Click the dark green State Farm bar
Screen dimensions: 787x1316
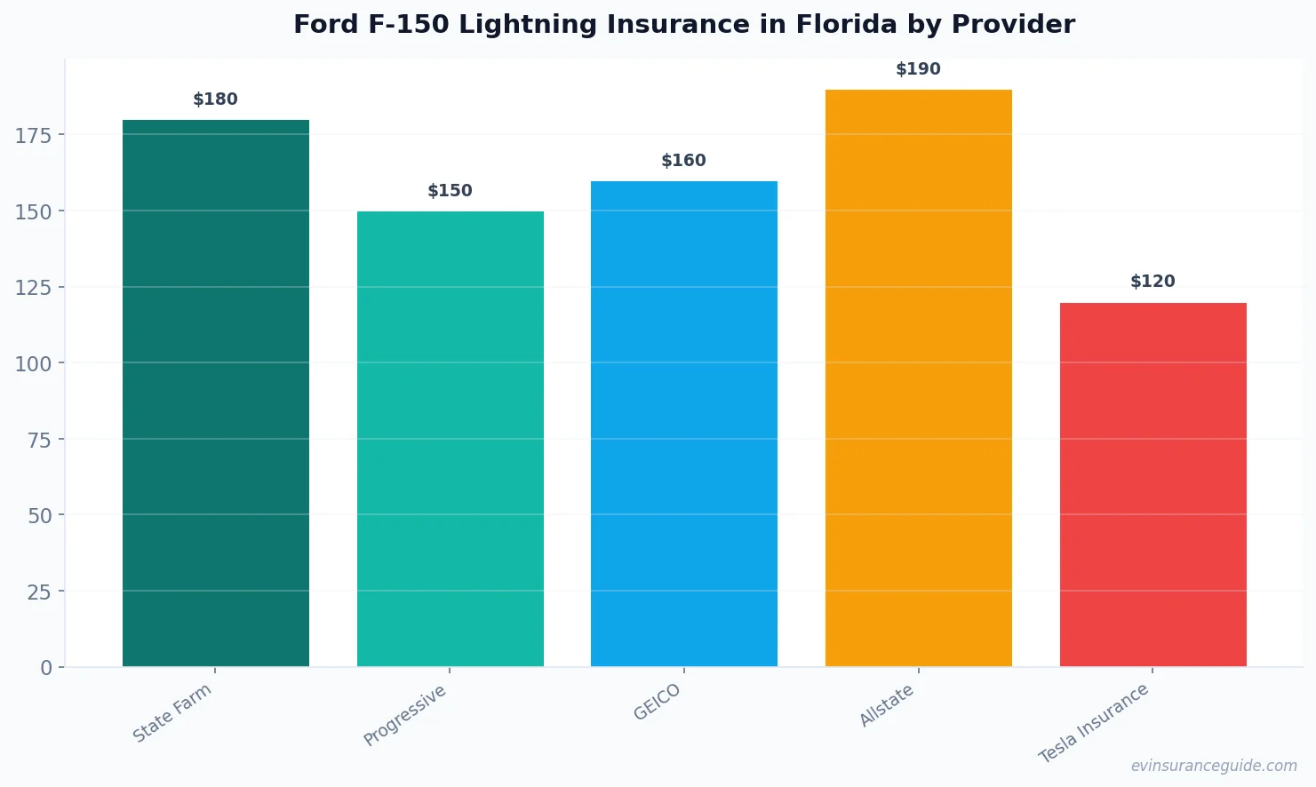point(216,393)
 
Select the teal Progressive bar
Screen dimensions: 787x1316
point(450,439)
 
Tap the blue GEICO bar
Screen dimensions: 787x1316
point(683,424)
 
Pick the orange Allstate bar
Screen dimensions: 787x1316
point(918,378)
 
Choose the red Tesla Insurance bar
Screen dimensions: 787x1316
point(1152,484)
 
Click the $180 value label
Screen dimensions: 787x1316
point(216,99)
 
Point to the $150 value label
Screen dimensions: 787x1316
point(450,191)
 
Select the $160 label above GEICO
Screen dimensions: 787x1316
point(683,161)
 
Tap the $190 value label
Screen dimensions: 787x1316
point(918,69)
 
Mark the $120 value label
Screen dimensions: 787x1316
point(1152,282)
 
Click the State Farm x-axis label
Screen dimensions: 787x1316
point(172,712)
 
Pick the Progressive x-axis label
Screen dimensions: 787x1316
point(405,715)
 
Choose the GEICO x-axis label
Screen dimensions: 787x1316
point(657,702)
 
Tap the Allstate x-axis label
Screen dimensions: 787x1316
point(886,706)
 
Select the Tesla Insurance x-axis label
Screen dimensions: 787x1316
point(1094,723)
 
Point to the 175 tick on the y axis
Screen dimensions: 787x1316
point(34,135)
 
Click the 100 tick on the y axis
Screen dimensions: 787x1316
point(34,363)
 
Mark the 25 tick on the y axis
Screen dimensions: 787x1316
point(39,592)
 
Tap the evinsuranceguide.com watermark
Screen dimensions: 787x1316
point(1214,766)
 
